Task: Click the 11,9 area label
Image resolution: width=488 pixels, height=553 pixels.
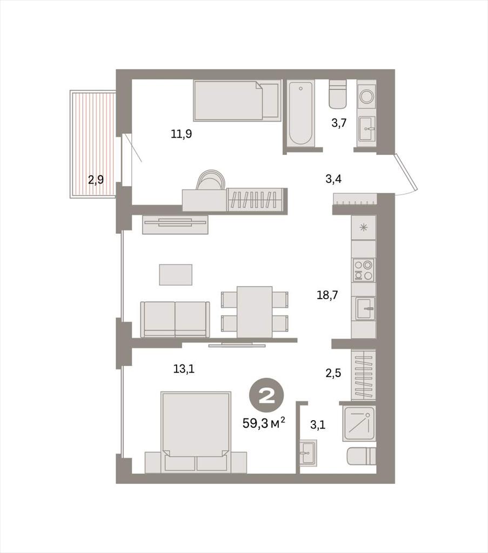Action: point(182,134)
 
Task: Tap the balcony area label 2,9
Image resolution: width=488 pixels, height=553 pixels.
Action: point(96,180)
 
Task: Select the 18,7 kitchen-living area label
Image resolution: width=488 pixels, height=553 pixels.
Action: point(327,295)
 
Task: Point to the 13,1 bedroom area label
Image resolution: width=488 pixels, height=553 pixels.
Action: point(184,369)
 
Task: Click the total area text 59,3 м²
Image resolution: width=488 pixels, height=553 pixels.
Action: point(264,422)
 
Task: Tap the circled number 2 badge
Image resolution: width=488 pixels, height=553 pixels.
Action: point(266,397)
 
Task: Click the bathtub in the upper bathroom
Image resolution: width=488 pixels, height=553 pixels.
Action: point(300,113)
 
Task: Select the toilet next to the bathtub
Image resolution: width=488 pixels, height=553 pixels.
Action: point(338,94)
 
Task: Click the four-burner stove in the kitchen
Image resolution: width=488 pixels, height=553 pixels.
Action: point(364,270)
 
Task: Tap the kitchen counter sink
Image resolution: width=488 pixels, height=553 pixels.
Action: point(365,308)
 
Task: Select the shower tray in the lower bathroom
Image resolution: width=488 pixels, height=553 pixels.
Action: point(359,423)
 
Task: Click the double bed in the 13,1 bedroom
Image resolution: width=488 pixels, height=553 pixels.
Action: point(196,431)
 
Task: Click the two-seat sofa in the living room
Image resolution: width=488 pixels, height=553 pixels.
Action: point(175,320)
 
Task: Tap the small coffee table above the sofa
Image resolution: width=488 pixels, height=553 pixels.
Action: point(176,275)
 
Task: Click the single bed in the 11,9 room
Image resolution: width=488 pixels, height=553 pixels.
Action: point(237,100)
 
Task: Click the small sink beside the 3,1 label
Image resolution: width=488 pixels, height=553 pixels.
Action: point(309,453)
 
